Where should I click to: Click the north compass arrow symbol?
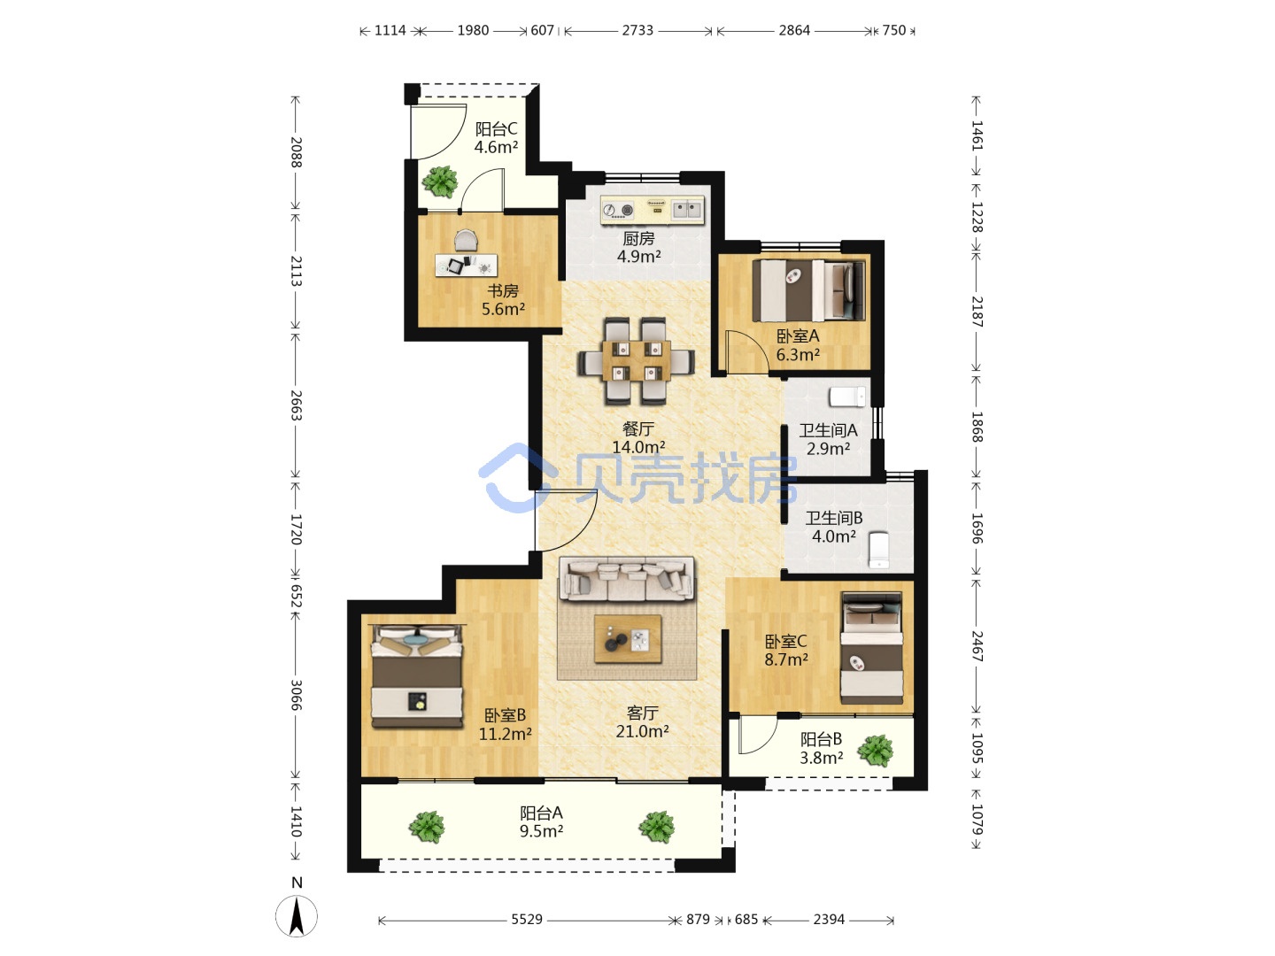click(297, 916)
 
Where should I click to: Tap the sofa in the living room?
click(627, 578)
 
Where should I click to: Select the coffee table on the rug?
click(628, 638)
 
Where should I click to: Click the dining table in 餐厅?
click(637, 360)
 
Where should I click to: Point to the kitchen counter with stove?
click(653, 210)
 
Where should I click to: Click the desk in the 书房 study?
click(467, 266)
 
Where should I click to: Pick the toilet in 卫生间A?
click(847, 397)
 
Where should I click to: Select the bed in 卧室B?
click(417, 676)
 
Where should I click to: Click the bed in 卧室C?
click(871, 648)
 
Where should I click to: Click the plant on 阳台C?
click(440, 181)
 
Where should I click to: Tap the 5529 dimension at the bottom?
click(526, 920)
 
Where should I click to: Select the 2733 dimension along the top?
click(637, 30)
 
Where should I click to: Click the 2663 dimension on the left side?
click(297, 405)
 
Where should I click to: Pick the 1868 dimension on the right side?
click(977, 428)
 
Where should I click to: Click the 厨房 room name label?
click(638, 239)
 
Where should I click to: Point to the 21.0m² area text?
click(642, 731)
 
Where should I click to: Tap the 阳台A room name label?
click(541, 813)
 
